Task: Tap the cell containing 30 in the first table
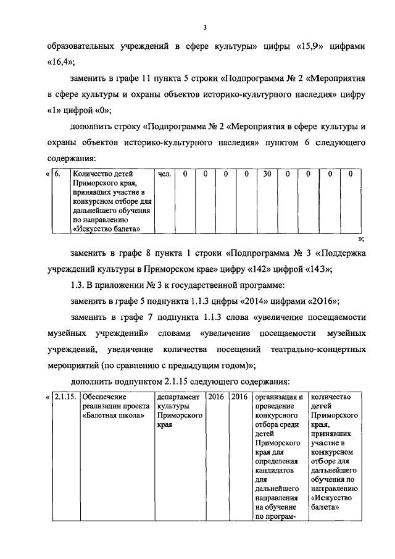click(x=267, y=174)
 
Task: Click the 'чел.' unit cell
click(x=164, y=174)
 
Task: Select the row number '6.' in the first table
click(x=57, y=174)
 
